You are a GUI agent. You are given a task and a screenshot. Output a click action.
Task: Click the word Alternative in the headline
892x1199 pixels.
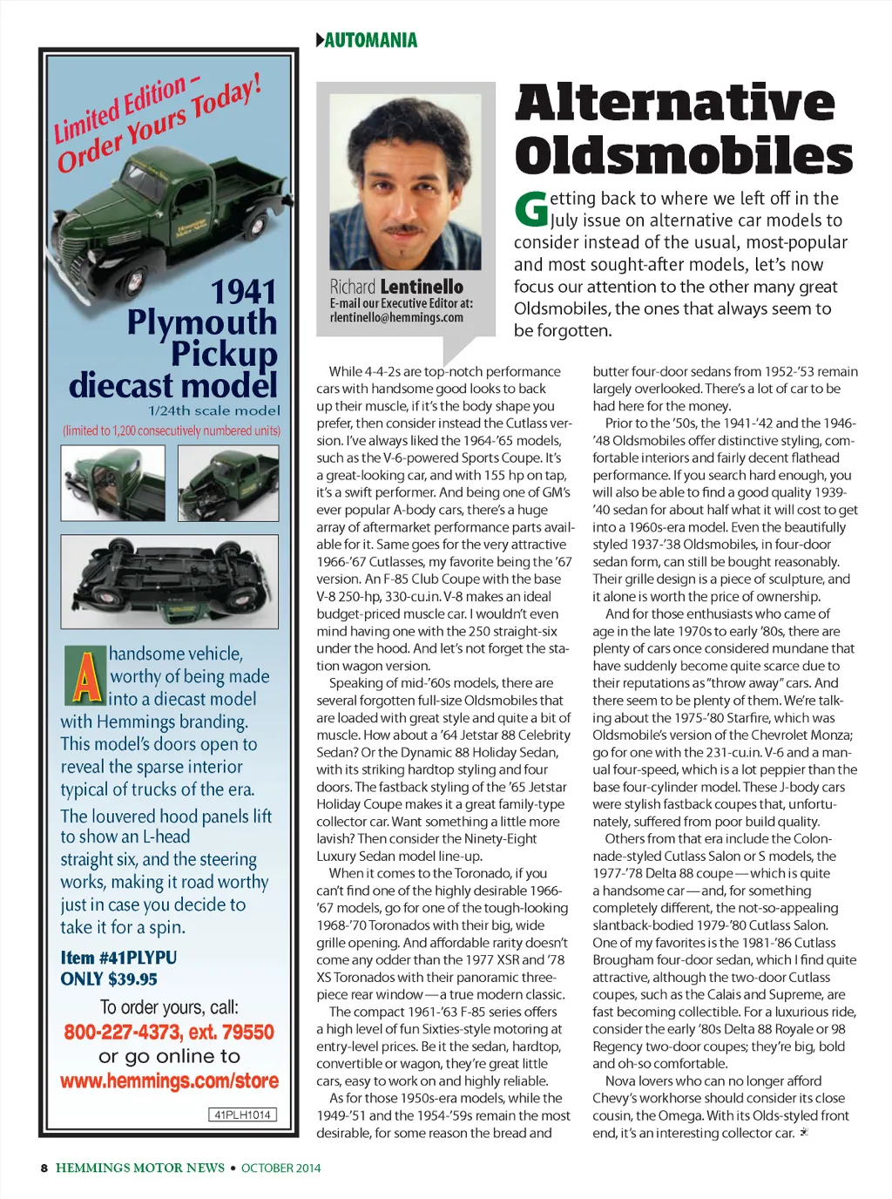675,104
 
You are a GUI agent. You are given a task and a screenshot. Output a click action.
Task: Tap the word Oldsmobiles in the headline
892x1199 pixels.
684,156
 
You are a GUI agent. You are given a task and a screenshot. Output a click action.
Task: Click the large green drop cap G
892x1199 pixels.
530,209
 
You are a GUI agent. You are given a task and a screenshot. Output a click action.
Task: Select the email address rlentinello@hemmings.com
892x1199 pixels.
396,318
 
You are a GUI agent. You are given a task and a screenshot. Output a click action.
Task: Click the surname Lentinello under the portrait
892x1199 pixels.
422,287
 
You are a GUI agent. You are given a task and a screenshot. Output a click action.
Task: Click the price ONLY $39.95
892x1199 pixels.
109,979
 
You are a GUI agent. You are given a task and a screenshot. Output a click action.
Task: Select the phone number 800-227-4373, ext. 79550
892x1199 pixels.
169,1033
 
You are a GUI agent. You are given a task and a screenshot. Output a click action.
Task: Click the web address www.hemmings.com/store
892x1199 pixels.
169,1081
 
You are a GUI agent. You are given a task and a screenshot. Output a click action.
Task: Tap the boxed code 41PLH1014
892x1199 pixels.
243,1114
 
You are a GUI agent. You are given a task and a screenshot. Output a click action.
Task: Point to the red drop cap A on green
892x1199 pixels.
85,675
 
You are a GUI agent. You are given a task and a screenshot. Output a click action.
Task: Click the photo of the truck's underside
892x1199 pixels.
169,581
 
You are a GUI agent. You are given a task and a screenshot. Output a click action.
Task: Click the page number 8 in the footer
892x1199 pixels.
44,1169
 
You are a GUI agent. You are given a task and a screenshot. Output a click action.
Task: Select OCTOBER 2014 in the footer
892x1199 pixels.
280,1169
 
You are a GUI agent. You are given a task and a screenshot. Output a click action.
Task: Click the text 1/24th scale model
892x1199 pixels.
213,410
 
